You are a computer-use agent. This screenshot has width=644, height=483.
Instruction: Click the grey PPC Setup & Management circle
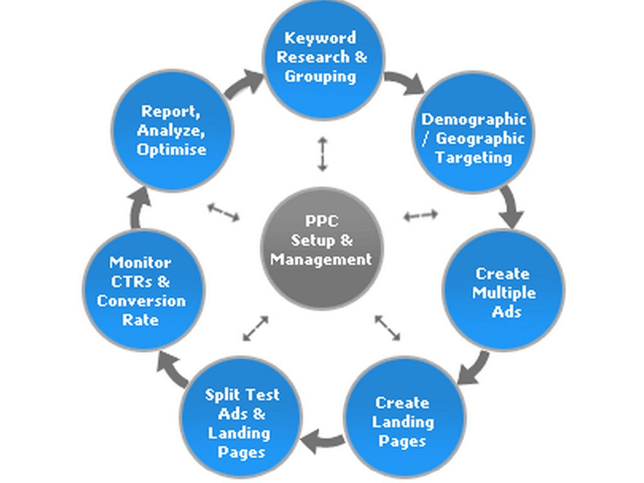[x=322, y=248]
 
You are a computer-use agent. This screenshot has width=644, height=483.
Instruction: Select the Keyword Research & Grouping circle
[x=322, y=58]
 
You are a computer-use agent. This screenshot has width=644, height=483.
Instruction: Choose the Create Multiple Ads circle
[x=503, y=290]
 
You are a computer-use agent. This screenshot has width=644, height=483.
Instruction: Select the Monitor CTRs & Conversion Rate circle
[x=143, y=290]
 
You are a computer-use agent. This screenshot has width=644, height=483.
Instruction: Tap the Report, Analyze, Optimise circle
[x=172, y=130]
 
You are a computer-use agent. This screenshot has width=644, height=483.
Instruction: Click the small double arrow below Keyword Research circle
[x=322, y=153]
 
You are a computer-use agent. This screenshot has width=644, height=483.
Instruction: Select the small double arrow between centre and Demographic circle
[x=420, y=216]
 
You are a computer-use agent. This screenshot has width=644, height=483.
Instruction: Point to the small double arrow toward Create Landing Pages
[x=387, y=328]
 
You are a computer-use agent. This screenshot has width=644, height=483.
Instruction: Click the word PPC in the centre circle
[x=321, y=221]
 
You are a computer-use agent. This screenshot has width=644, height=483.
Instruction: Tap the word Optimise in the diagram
[x=172, y=150]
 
